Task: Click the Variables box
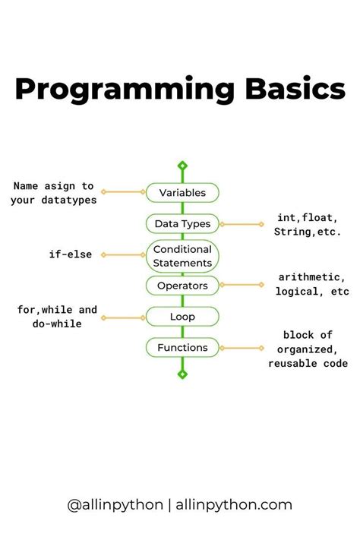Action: (x=182, y=192)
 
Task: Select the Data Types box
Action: (x=182, y=224)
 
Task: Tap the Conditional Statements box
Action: (x=182, y=256)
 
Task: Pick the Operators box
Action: (x=182, y=286)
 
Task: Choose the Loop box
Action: (x=182, y=317)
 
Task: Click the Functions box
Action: (x=182, y=348)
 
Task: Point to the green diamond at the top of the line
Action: (x=182, y=166)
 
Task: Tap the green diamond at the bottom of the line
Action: (x=182, y=374)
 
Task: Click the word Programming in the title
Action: (x=125, y=90)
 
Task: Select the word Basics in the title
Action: (x=295, y=89)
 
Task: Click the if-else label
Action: (x=71, y=254)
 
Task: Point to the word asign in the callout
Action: (x=59, y=186)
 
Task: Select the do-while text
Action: (x=57, y=324)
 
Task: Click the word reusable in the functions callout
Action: (x=293, y=363)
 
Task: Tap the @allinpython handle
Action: (x=115, y=505)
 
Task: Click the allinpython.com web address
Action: (x=234, y=505)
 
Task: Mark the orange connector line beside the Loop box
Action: (x=123, y=317)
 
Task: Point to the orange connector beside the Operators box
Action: (x=242, y=285)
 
